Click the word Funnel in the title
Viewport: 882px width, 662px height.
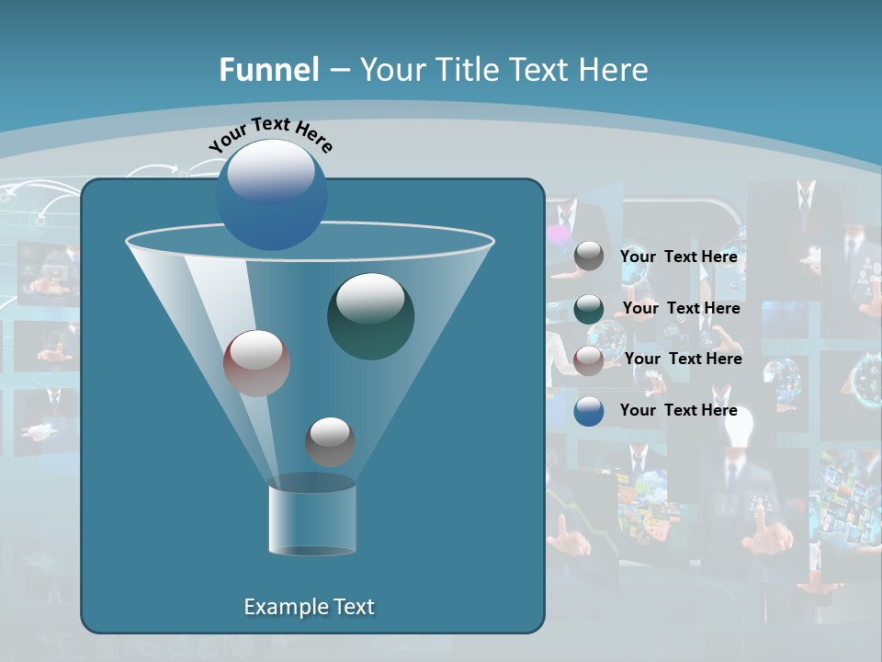[268, 70]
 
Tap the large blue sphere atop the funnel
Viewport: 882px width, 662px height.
[272, 194]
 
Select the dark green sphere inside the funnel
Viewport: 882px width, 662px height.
[370, 315]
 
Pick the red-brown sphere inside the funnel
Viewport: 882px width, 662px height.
[256, 362]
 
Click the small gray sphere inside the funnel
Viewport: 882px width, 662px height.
[330, 441]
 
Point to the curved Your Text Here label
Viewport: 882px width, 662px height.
[270, 134]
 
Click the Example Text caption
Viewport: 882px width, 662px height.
[309, 607]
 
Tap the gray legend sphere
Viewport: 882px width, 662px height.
[589, 257]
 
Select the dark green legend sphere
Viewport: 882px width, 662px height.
[589, 309]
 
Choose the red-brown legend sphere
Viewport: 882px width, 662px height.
[589, 360]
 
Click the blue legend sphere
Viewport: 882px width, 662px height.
[589, 411]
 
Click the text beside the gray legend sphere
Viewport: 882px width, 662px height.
[678, 257]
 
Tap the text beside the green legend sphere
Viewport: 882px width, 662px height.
[681, 309]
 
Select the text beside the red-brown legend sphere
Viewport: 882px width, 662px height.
[683, 360]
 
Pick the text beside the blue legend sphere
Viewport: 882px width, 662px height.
[678, 411]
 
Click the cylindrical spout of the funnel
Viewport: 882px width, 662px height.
[311, 519]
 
